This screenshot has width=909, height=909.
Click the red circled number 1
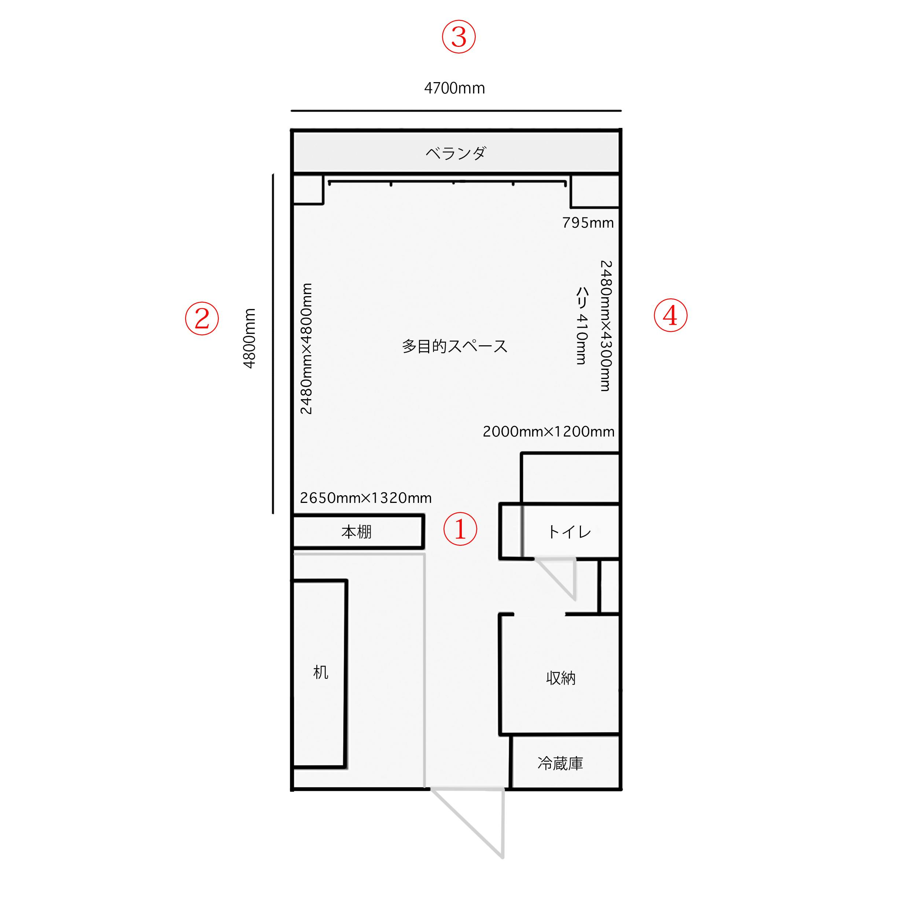click(x=460, y=529)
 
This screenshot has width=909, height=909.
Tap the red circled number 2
click(x=202, y=319)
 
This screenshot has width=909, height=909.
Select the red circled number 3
click(x=459, y=37)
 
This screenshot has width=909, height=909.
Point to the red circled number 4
click(x=670, y=315)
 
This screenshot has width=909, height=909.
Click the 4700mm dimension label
click(x=454, y=88)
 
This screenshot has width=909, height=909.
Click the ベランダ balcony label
click(x=456, y=153)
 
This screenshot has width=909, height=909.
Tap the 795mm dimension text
click(x=588, y=222)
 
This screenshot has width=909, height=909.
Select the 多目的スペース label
click(x=454, y=346)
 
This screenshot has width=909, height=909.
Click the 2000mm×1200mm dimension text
click(x=549, y=431)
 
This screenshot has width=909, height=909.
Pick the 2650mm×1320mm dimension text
click(x=365, y=498)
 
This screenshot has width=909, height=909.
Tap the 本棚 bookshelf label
click(x=356, y=532)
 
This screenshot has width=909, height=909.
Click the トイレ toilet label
click(x=569, y=532)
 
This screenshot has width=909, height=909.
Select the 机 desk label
click(x=320, y=672)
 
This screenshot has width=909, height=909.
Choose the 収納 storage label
click(x=561, y=678)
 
